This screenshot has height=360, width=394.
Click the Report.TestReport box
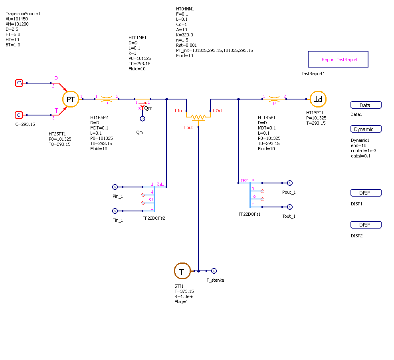338,59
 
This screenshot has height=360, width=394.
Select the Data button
366,105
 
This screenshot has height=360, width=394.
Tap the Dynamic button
366,129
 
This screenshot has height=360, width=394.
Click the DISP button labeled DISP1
366,193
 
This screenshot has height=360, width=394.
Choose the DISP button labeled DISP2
366,225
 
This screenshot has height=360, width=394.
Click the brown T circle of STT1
182,271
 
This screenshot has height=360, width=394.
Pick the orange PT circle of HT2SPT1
71,99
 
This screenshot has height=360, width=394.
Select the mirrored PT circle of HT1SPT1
318,99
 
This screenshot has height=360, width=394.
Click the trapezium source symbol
19,83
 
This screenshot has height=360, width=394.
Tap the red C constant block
19,115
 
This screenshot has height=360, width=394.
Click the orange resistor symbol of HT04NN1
198,117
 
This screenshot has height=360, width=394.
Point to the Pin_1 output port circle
115,187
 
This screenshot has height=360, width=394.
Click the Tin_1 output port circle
115,211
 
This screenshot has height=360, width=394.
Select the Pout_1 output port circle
290,183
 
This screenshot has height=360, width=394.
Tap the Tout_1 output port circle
290,207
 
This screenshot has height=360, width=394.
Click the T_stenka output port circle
214,271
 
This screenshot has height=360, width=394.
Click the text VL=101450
17,19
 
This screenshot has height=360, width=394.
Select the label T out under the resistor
188,127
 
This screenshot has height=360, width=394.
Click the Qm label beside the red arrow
148,108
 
